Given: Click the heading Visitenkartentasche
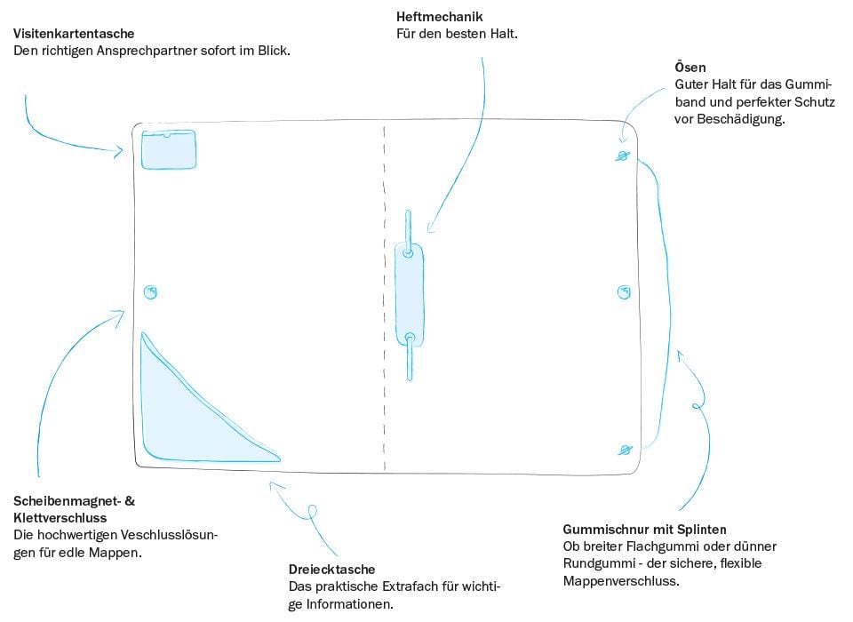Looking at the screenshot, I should pyautogui.click(x=74, y=34).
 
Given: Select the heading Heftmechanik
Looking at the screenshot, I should pyautogui.click(x=440, y=16).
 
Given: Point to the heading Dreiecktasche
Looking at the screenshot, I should pyautogui.click(x=331, y=570).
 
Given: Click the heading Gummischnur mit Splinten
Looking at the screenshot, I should pyautogui.click(x=645, y=528).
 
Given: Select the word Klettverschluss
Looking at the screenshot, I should pyautogui.click(x=60, y=518).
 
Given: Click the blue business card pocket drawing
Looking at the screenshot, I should pyautogui.click(x=169, y=148).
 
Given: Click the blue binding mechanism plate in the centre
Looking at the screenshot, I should pyautogui.click(x=409, y=293).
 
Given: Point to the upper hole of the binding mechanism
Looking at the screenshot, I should pyautogui.click(x=408, y=253).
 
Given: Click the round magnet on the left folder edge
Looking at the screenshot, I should pyautogui.click(x=151, y=292).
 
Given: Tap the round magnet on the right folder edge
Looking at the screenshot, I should pyautogui.click(x=624, y=292).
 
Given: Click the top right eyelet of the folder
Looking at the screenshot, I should pyautogui.click(x=622, y=156).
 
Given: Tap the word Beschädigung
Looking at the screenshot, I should pyautogui.click(x=744, y=118).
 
